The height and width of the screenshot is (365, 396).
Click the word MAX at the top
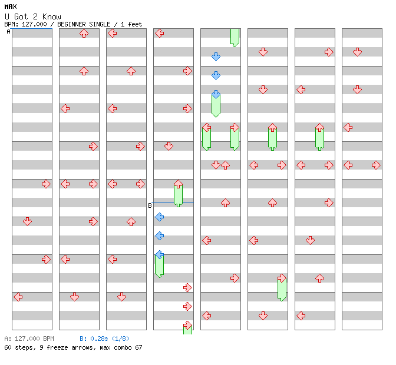tap(11, 6)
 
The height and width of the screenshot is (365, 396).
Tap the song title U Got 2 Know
tap(33, 16)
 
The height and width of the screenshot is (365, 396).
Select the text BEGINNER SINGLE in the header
tap(84, 24)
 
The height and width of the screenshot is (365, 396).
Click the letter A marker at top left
tap(9, 32)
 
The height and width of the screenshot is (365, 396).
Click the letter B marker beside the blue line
tap(150, 205)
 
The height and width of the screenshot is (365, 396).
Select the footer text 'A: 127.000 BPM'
tap(29, 339)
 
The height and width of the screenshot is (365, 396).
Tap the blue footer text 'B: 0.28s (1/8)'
tap(104, 339)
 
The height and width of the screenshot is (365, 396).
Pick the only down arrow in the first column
tap(27, 221)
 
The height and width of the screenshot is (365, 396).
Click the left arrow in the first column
tap(18, 297)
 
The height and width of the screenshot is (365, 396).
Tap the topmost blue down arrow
tap(216, 57)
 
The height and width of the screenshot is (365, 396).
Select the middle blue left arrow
tap(159, 236)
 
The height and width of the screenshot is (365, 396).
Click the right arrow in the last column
tap(376, 165)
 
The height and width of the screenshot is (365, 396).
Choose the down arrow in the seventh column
tap(310, 240)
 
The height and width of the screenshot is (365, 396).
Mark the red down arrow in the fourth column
tap(169, 146)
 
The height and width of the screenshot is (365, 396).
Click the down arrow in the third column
tap(122, 297)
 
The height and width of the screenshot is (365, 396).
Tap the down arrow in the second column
tap(74, 297)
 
